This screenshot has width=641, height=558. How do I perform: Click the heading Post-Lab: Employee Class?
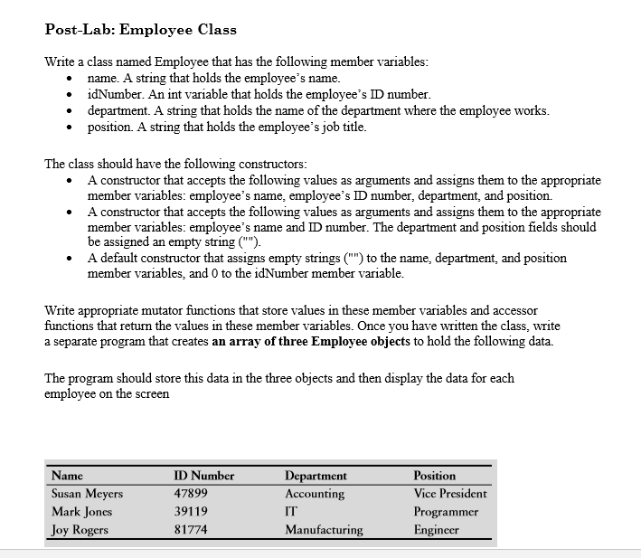click(x=140, y=29)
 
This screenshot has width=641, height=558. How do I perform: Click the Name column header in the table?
click(x=68, y=476)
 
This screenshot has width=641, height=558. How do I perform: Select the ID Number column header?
click(x=203, y=476)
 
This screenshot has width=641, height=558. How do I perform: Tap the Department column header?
click(x=316, y=476)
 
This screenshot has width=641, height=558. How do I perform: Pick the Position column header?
click(x=434, y=476)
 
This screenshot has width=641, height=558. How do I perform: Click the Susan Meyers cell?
click(x=88, y=494)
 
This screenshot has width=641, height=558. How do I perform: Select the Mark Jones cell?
click(x=82, y=512)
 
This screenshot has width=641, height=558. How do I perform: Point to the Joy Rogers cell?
click(x=80, y=530)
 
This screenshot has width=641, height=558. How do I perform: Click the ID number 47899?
click(x=191, y=494)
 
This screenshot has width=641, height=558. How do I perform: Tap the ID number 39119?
click(x=191, y=512)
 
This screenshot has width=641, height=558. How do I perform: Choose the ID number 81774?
click(x=191, y=530)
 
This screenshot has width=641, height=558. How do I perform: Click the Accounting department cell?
click(x=315, y=494)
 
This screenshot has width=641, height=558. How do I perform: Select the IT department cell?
click(x=291, y=512)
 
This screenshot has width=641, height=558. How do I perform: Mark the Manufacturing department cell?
click(x=324, y=530)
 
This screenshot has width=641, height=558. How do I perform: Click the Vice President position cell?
click(x=449, y=494)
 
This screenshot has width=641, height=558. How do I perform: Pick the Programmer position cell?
click(x=446, y=512)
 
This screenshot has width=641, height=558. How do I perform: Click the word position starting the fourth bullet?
click(x=109, y=128)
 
